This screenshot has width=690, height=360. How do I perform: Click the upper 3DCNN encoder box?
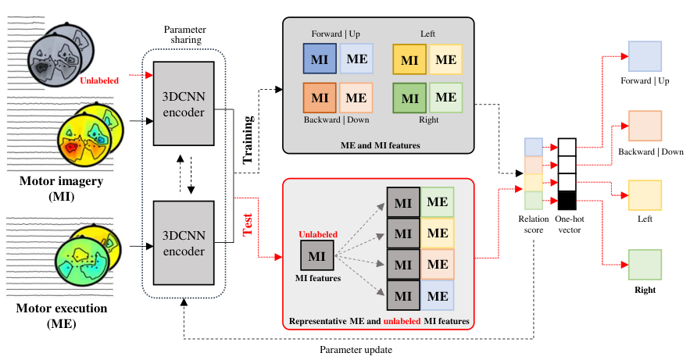184,104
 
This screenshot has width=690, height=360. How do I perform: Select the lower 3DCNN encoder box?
184,243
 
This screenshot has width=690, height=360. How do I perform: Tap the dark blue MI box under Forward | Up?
320,59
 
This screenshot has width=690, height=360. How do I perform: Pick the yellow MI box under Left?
409,59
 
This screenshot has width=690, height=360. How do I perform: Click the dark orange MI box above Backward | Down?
320,98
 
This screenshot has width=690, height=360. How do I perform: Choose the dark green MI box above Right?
409,98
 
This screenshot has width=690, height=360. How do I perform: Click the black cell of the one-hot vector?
567,201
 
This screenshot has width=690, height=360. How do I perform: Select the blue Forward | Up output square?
645,56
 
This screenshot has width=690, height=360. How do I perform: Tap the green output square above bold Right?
645,265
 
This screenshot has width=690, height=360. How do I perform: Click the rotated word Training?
248,140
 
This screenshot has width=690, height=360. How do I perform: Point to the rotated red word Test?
248,225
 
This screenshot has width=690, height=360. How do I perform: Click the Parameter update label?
356,350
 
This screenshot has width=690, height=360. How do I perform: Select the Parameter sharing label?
185,34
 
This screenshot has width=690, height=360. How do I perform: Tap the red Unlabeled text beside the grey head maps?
99,80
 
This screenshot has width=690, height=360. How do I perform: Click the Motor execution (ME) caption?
62,315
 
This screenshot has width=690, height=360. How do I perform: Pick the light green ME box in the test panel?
438,201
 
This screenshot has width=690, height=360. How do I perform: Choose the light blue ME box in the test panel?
438,296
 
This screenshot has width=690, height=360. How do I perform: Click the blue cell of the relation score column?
534,148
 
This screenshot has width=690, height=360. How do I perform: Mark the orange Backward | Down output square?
645,127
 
